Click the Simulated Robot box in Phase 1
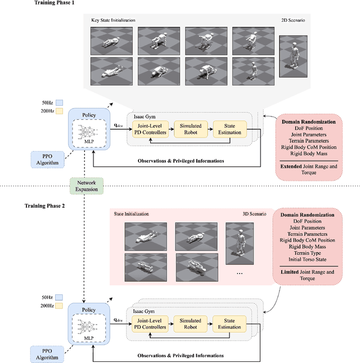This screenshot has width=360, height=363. coord(190,129)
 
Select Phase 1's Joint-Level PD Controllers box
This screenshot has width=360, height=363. coord(150,129)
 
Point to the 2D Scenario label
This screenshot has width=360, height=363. coord(292,20)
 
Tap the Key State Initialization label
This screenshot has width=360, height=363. coord(113,20)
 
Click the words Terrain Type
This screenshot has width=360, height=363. coord(307,253)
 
